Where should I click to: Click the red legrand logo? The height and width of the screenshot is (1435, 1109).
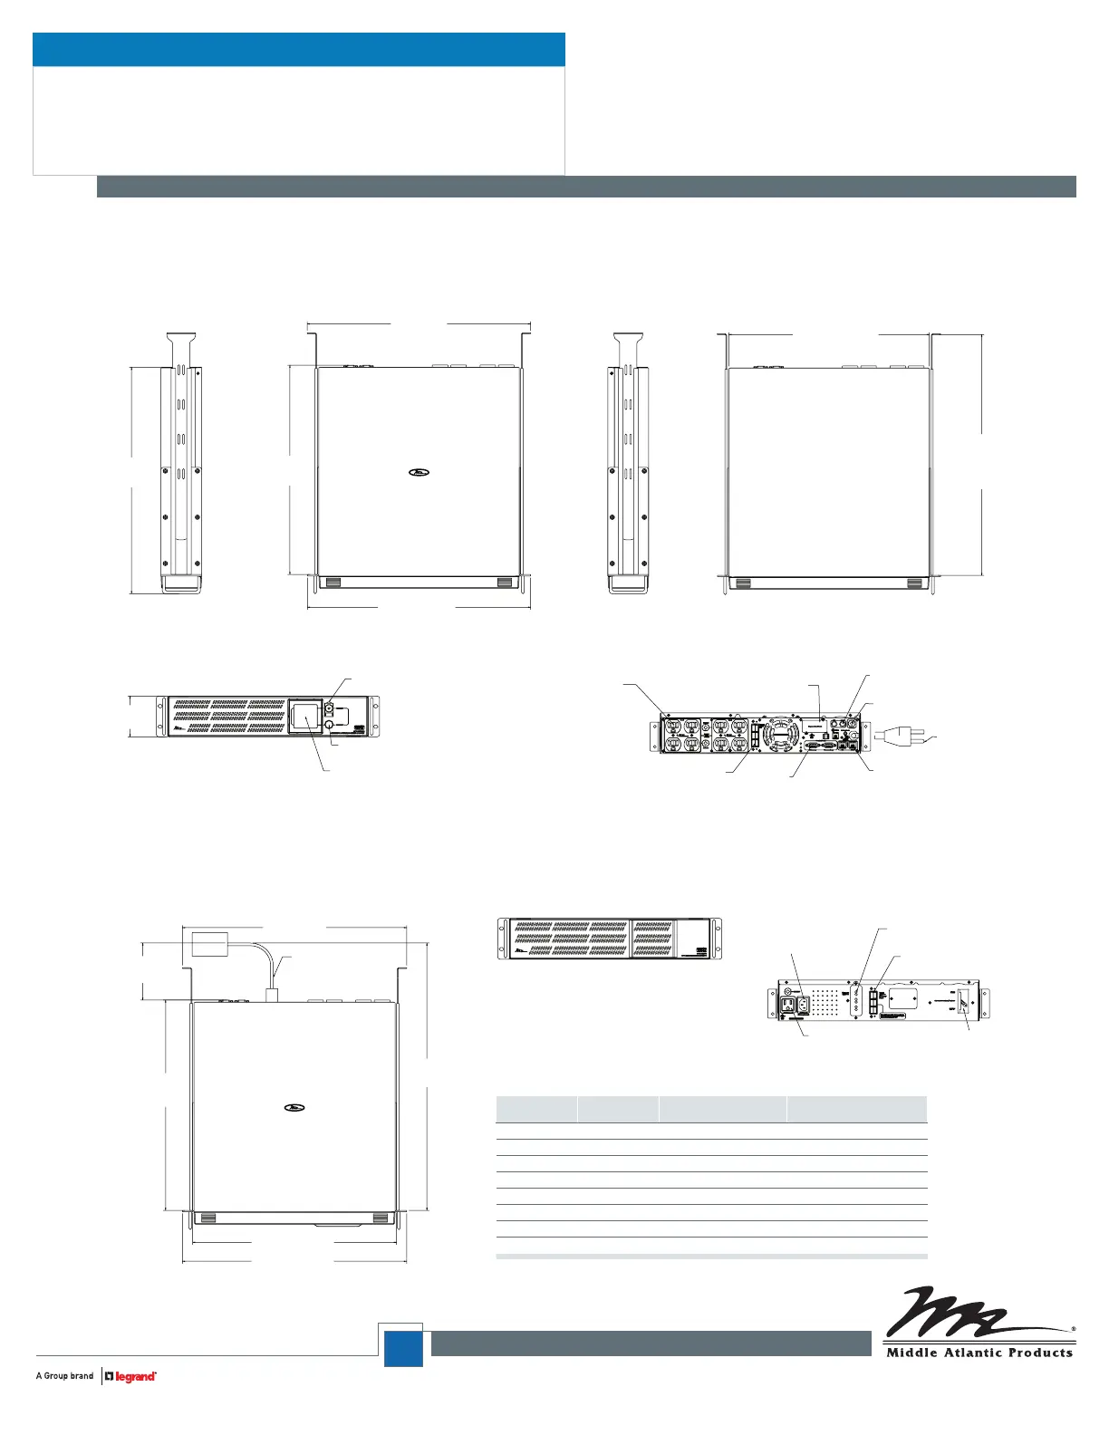pyautogui.click(x=131, y=1376)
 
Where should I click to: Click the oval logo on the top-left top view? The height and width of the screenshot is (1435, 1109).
pyautogui.click(x=419, y=471)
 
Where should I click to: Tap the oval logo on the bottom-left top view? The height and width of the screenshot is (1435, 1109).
pyautogui.click(x=294, y=1107)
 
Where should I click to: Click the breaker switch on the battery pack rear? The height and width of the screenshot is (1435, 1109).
pyautogui.click(x=965, y=1001)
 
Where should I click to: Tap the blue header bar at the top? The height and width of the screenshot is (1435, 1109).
pyautogui.click(x=299, y=50)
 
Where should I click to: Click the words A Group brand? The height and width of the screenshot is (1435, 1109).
pyautogui.click(x=64, y=1376)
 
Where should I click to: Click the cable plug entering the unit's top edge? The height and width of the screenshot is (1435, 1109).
pyautogui.click(x=271, y=994)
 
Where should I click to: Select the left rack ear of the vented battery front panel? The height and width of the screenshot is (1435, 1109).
pyautogui.click(x=504, y=939)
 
